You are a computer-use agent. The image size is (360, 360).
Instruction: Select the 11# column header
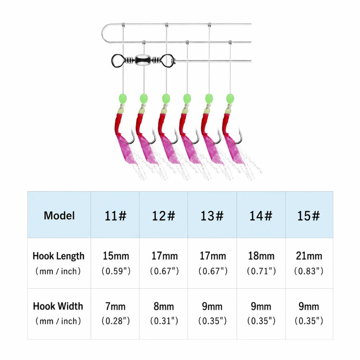pos(116,216)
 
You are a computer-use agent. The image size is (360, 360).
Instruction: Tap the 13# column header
pos(212,216)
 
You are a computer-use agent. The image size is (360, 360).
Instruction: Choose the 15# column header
pos(309,216)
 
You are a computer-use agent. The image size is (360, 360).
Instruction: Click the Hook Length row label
pos(59,256)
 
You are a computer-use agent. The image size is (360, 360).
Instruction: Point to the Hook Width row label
pos(58,306)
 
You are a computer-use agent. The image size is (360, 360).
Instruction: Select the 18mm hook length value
pos(261,256)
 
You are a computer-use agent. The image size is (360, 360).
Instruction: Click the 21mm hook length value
pos(309,256)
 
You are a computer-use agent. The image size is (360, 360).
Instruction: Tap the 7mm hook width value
pos(116,306)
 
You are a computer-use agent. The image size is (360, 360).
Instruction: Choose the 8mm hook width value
pos(164,306)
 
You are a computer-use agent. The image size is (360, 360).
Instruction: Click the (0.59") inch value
pos(116,271)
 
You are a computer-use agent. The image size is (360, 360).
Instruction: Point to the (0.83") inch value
pos(309,271)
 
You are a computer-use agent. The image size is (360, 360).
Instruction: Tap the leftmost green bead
pos(123,98)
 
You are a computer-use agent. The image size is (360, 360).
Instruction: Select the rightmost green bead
pos(230,99)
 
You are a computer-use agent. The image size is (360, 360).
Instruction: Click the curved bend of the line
pos(103,33)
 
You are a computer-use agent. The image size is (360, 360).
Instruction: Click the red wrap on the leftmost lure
pos(120,124)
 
